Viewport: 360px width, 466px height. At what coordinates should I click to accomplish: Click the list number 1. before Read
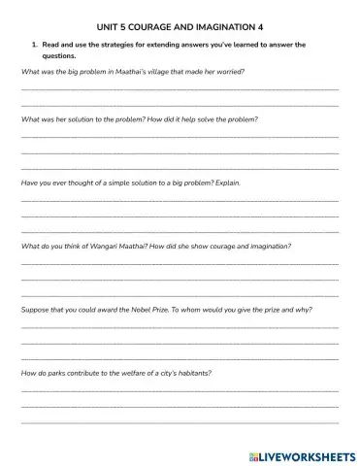coord(36,45)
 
